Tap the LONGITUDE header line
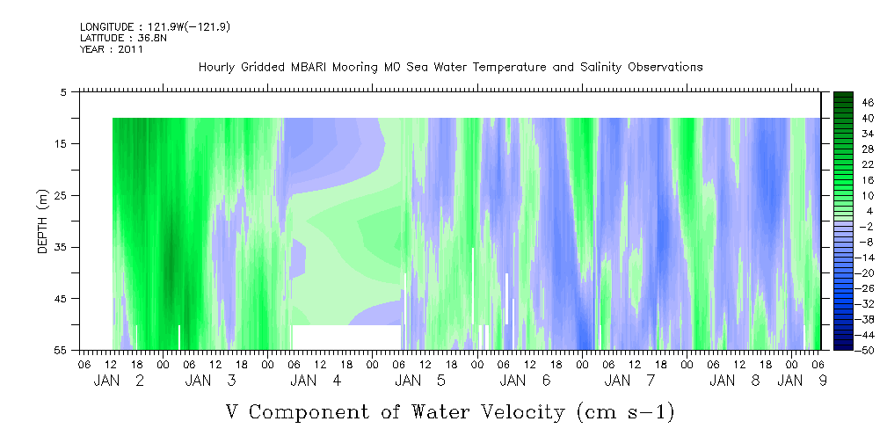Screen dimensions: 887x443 (x=155, y=27)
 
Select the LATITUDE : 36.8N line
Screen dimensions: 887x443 (x=123, y=38)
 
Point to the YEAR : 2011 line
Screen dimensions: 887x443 (x=112, y=49)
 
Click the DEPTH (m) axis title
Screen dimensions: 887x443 (x=43, y=221)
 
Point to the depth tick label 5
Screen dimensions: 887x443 (x=64, y=92)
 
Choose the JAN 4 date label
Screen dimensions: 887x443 (x=316, y=381)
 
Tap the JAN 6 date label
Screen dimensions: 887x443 (x=525, y=381)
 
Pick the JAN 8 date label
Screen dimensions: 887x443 (x=735, y=381)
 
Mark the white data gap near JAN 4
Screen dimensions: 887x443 (x=346, y=338)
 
